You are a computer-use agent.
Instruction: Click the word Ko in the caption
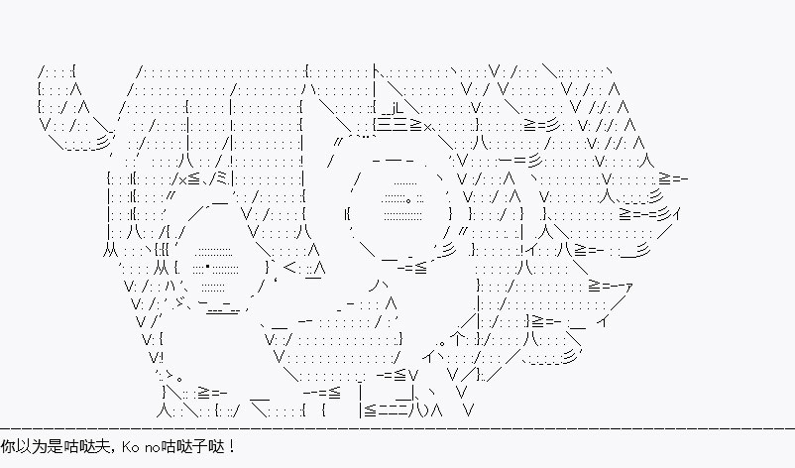coord(130,447)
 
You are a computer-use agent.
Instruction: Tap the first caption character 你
coord(8,447)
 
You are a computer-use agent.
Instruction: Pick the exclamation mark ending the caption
coord(231,447)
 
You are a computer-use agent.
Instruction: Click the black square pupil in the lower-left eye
coord(208,266)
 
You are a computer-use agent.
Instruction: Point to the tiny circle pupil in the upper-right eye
coord(408,199)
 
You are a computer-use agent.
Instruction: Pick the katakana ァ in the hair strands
coord(628,288)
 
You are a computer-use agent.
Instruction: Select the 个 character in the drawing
coord(457,337)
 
